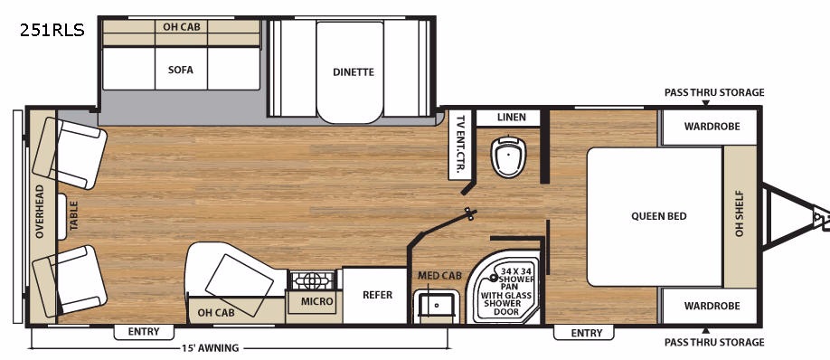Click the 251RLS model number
click(x=52, y=31)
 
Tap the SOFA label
click(x=181, y=70)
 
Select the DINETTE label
click(x=354, y=72)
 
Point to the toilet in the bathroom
click(x=508, y=156)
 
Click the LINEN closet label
click(x=512, y=117)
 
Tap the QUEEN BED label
click(x=659, y=216)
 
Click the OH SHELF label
click(x=740, y=213)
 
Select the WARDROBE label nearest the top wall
click(x=712, y=127)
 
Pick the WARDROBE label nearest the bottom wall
click(x=712, y=306)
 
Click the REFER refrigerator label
click(x=377, y=295)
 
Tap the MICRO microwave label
click(x=317, y=301)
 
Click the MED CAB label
click(x=440, y=275)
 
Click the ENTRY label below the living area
click(x=144, y=332)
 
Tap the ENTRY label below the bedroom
click(x=587, y=333)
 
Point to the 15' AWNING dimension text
click(x=210, y=348)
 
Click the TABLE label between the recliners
click(x=73, y=215)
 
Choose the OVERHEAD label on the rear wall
click(x=40, y=212)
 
